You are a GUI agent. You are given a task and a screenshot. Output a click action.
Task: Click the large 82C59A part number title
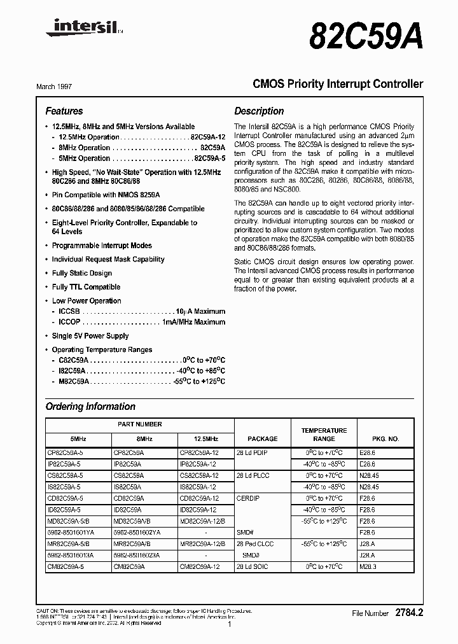[x=366, y=37]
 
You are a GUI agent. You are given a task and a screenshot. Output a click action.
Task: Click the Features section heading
[x=64, y=111]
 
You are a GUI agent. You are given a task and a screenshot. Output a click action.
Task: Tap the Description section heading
[x=259, y=111]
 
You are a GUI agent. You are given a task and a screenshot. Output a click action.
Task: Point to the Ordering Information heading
[x=90, y=407]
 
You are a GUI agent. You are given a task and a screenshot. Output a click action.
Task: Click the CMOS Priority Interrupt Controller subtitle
[x=338, y=84]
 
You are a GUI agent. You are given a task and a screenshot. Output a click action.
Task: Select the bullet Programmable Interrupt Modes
[x=102, y=246]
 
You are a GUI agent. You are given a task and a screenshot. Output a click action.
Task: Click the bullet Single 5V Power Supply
[x=90, y=336]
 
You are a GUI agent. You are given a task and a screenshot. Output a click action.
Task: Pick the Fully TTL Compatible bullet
[x=86, y=287]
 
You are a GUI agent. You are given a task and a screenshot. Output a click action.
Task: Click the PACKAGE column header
[x=262, y=438]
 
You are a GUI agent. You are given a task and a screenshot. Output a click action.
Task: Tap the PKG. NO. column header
[x=385, y=438]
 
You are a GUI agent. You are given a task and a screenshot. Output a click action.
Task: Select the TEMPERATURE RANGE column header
[x=324, y=435]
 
